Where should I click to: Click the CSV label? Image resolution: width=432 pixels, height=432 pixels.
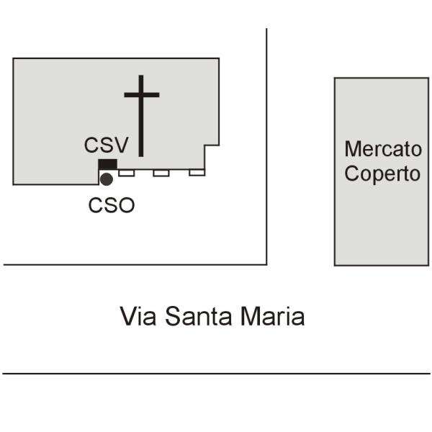pyautogui.click(x=106, y=145)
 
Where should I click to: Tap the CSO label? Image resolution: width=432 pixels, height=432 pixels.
pyautogui.click(x=112, y=205)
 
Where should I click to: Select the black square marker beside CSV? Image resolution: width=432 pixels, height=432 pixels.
pyautogui.click(x=107, y=165)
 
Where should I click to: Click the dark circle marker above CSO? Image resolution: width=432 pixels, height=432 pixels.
pyautogui.click(x=107, y=179)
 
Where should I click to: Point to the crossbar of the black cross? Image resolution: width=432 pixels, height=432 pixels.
pyautogui.click(x=141, y=94)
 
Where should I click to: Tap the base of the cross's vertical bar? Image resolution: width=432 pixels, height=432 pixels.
pyautogui.click(x=141, y=154)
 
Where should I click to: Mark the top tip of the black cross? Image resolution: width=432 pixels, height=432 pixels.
pyautogui.click(x=141, y=76)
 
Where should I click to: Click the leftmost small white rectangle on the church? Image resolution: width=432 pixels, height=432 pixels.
pyautogui.click(x=127, y=173)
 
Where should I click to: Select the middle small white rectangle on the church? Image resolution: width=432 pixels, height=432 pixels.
pyautogui.click(x=161, y=173)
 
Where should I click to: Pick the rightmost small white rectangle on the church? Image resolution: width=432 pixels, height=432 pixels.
pyautogui.click(x=197, y=173)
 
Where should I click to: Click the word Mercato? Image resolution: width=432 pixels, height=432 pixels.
pyautogui.click(x=382, y=149)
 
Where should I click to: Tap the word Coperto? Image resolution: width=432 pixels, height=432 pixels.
pyautogui.click(x=382, y=174)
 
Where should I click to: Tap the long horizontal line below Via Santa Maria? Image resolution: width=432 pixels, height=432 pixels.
pyautogui.click(x=216, y=374)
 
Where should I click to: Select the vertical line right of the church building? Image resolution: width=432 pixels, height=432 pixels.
pyautogui.click(x=266, y=144)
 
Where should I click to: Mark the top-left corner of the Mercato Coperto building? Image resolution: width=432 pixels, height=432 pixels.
pyautogui.click(x=335, y=78)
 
